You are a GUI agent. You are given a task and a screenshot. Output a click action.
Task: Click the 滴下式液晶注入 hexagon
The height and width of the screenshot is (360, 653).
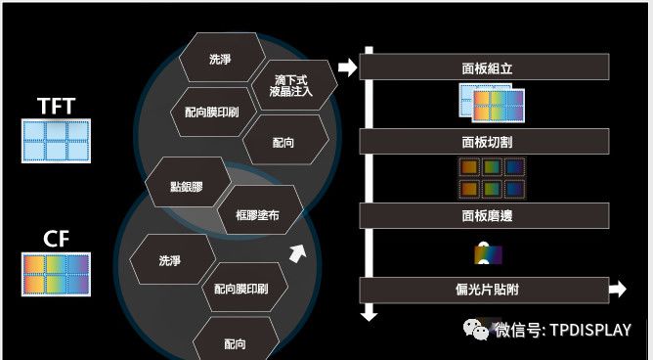pos(294,85)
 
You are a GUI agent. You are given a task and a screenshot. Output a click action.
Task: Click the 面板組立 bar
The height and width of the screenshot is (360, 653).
pos(486,68)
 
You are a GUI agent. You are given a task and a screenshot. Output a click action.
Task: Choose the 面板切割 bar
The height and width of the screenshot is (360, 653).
pos(486,142)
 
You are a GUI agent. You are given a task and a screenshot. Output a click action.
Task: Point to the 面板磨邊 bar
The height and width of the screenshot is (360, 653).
pos(486,215)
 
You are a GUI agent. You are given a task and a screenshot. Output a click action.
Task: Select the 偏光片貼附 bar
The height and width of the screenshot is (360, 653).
pos(486,290)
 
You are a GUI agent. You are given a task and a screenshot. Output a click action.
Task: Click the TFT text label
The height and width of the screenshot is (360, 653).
pos(55,106)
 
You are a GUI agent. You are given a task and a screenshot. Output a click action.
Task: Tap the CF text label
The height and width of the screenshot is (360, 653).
pos(55,238)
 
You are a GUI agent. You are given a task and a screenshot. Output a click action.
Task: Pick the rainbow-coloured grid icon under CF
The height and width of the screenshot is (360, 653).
pos(55,274)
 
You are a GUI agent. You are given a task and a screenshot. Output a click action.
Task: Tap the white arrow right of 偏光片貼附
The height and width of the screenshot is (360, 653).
pos(617,290)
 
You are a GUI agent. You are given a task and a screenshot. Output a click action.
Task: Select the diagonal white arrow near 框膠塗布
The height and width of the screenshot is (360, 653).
pos(297,254)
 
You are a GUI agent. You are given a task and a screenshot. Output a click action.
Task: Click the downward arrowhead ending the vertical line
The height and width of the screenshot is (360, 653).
pos(369,314)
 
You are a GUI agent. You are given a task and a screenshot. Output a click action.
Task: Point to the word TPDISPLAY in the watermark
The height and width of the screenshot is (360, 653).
pos(589,331)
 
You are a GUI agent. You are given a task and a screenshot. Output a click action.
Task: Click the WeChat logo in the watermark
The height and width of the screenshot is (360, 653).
pos(477,331)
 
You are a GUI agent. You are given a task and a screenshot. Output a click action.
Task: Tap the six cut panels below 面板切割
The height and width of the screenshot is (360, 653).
pos(492,177)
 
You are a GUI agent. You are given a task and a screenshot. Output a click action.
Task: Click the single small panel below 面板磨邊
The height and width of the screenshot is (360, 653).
pos(488,253)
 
